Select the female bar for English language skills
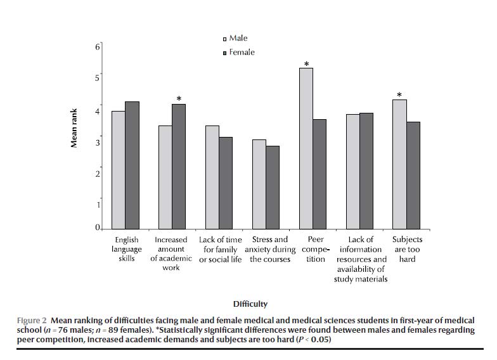pos(132,165)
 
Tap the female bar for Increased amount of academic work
pos(179,166)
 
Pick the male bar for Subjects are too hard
pos(399,164)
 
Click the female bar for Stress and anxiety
pos(273,187)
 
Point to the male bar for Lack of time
pos(212,177)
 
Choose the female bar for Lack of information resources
pos(366,170)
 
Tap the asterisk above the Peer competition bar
pos(307,64)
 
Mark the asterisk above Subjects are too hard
pos(399,96)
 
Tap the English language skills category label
pos(127,249)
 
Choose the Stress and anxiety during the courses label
pos(270,249)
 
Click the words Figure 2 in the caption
pos(32,320)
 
